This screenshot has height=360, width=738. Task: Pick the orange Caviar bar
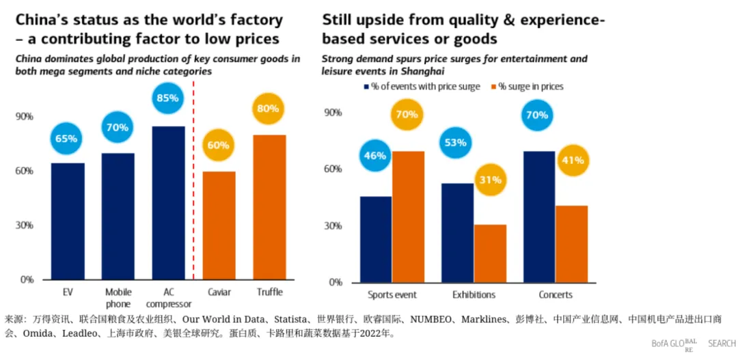coord(219,225)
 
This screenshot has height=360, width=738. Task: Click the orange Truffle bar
coord(269,207)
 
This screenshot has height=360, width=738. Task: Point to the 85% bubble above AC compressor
coord(167,98)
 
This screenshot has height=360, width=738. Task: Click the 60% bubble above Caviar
coord(219,145)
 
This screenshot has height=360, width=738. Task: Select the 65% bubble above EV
coord(66,138)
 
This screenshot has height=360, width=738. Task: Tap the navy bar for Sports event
coord(376,239)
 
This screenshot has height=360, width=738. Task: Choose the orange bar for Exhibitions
coord(490,253)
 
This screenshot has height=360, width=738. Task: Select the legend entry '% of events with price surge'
coord(424,87)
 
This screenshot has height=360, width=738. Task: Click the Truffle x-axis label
coord(269,292)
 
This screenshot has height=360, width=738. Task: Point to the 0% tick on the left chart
coord(27,279)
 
